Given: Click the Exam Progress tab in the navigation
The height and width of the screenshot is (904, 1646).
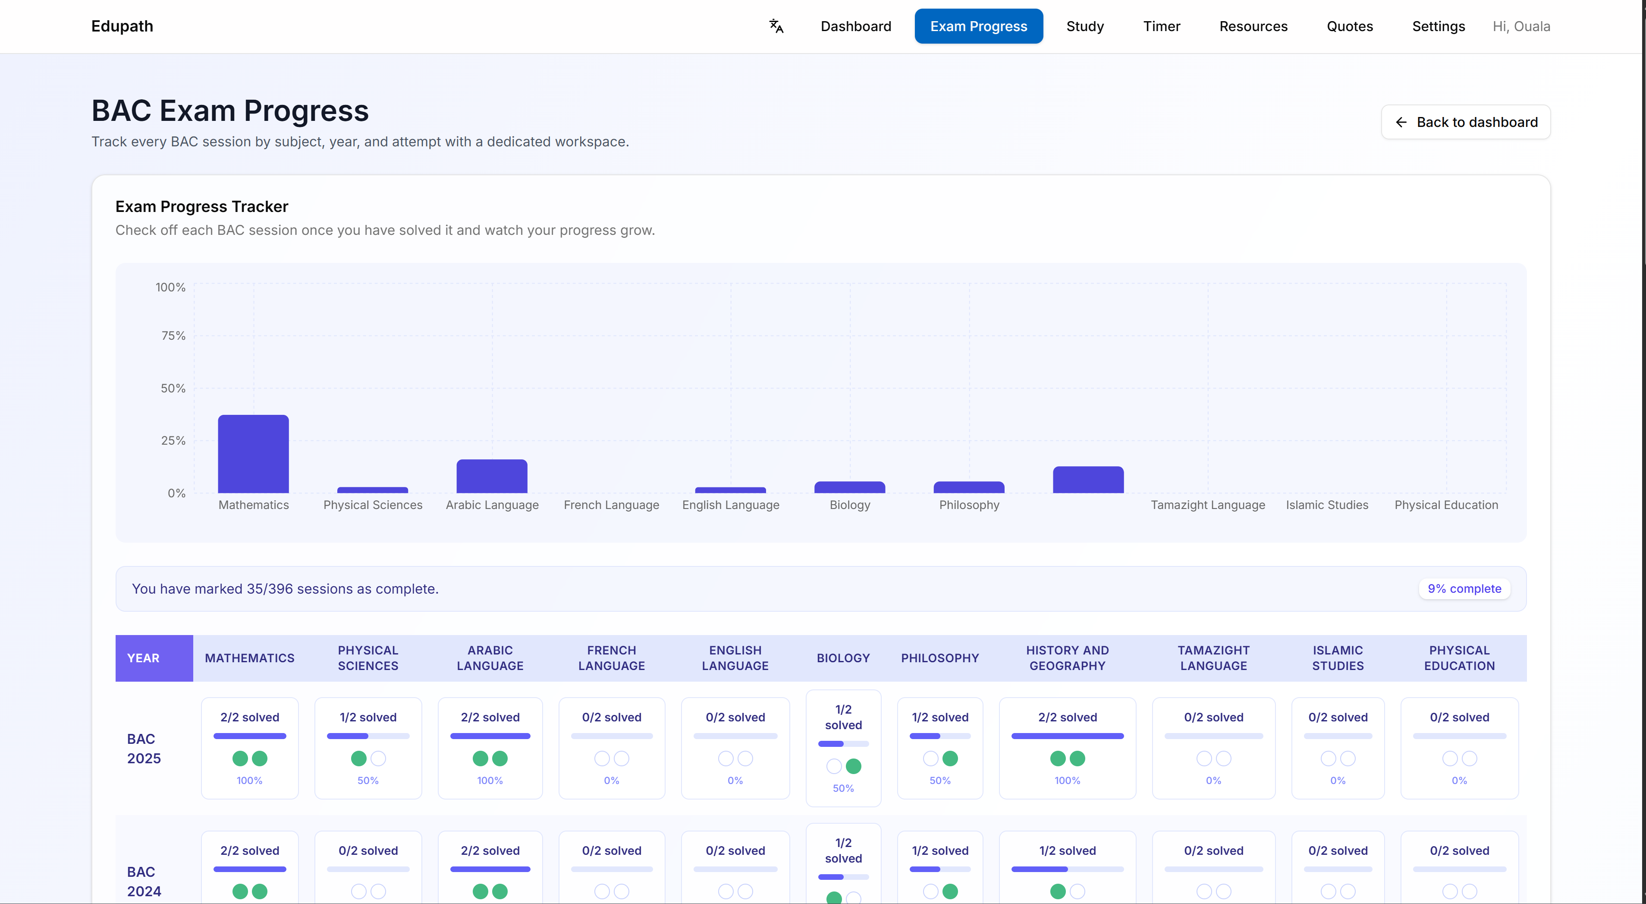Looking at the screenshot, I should tap(978, 26).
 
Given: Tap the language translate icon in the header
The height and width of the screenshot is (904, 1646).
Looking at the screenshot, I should tap(776, 26).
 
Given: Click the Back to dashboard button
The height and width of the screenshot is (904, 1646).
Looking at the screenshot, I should tap(1465, 122).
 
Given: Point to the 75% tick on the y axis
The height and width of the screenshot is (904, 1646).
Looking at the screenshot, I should tap(173, 335).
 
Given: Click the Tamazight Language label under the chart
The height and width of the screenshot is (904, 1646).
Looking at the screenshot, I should tap(1207, 505).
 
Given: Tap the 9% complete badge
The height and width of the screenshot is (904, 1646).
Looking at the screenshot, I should tap(1464, 589).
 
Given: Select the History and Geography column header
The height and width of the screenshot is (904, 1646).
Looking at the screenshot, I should tap(1067, 658).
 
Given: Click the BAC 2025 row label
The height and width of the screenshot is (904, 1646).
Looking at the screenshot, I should tap(144, 749).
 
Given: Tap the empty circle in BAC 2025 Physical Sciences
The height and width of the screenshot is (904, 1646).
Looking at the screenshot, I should tap(378, 759).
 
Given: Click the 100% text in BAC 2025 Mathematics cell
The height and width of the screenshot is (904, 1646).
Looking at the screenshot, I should tap(249, 781).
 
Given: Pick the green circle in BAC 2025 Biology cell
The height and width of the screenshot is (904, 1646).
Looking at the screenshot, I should tap(853, 767).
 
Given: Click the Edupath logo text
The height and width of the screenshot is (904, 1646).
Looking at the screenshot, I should tap(122, 26).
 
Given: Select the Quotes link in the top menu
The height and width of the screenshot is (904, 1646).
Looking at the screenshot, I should tap(1350, 26).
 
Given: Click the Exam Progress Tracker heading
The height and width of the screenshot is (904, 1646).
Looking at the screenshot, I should tap(201, 206).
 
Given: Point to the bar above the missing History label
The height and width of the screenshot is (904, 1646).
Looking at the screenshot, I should tap(1087, 480).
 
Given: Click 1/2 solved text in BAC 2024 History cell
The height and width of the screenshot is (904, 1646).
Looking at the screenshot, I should tap(1067, 851).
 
